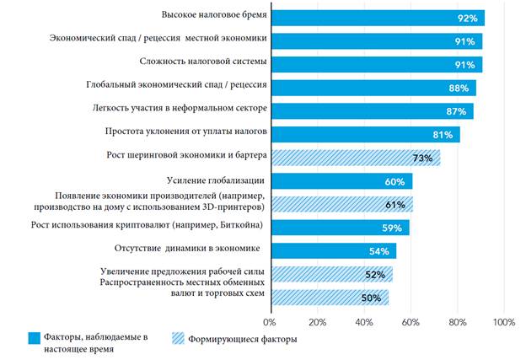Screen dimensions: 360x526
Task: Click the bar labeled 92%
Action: [x=377, y=17]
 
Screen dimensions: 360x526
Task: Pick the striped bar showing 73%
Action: [x=354, y=158]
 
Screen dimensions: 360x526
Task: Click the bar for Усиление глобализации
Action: [x=341, y=180]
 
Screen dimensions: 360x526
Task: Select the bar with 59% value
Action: [x=339, y=227]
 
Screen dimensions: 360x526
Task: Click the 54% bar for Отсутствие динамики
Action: [x=333, y=250]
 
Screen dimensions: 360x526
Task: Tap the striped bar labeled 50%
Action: [x=329, y=297]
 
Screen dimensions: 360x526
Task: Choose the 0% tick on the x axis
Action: [x=270, y=322]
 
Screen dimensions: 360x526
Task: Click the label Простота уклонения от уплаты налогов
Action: [x=185, y=132]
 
